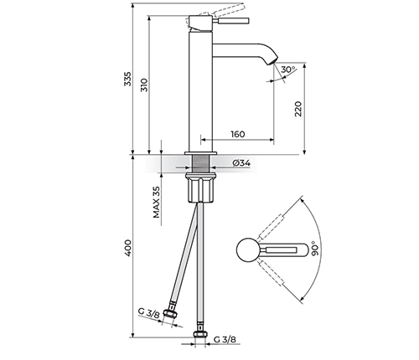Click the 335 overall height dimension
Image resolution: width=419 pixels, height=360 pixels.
pos(127,79)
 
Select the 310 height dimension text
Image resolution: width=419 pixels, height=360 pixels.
pos(144,85)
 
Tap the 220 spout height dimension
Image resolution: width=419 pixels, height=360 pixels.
pos(298,109)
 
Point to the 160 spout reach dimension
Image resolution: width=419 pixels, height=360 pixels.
pos(238,134)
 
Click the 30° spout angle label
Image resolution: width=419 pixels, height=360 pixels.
pos(288,69)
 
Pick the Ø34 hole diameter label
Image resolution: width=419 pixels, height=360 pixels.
pos(241,163)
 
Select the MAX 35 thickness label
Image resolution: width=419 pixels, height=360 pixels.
pos(157,203)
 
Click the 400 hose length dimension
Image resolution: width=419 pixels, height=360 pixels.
pos(128,248)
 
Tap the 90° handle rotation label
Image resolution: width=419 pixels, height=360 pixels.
pos(314,249)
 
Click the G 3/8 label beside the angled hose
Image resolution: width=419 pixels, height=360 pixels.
pos(149,313)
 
